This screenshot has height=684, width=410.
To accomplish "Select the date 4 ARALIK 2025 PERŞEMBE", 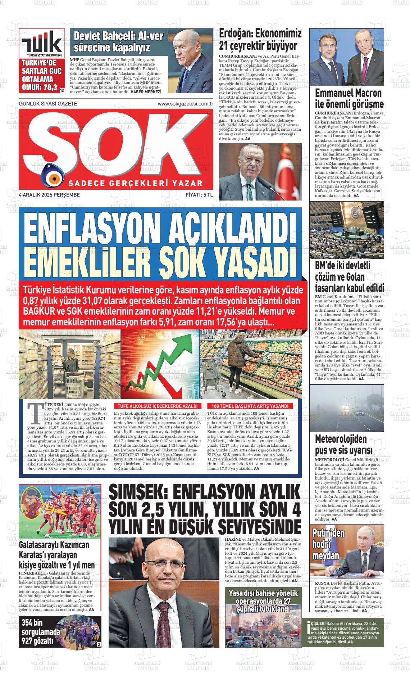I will pyautogui.click(x=49, y=195).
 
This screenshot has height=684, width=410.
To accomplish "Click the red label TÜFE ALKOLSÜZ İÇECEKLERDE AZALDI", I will pyautogui.click(x=155, y=406).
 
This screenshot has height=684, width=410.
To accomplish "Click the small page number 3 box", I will pyautogui.click(x=99, y=644).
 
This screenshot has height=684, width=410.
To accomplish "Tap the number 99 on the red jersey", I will pyautogui.click(x=88, y=500).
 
